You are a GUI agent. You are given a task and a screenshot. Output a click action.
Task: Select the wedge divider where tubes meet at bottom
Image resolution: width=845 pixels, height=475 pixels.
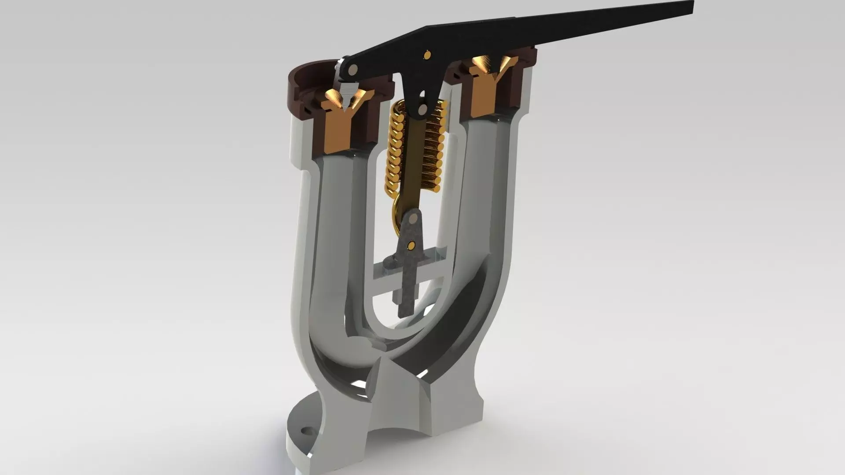396,361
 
